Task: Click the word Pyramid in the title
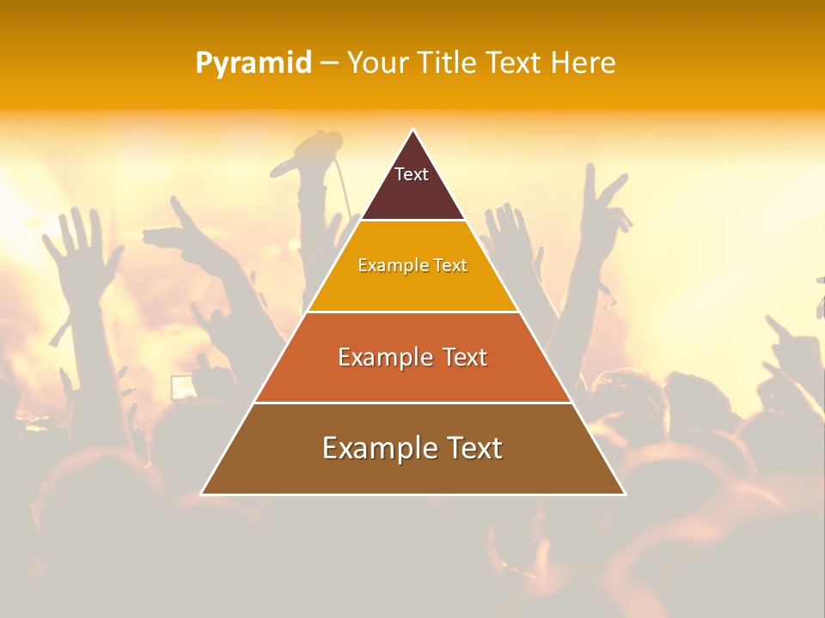254,64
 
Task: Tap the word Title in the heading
446,64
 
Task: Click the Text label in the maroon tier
412,174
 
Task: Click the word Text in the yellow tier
451,265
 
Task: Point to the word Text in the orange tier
465,357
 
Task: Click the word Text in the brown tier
475,448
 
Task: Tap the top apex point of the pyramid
413,130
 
